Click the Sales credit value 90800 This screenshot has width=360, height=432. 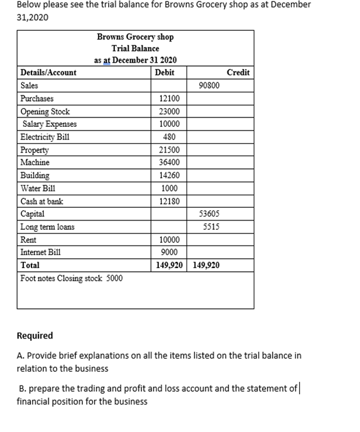click(x=209, y=85)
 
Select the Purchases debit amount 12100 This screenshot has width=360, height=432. click(x=169, y=99)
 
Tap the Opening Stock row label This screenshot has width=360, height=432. click(x=45, y=111)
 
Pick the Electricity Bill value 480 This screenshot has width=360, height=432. click(x=169, y=137)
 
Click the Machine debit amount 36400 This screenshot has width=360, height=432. click(x=169, y=163)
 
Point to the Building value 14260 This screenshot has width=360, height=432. click(x=169, y=176)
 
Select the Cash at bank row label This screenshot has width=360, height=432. click(x=41, y=202)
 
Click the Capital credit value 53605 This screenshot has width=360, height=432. click(x=209, y=214)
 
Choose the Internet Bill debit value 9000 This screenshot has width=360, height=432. click(x=169, y=252)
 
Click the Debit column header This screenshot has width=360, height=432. click(x=164, y=73)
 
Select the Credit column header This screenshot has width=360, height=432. click(x=238, y=73)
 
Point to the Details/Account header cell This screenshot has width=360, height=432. click(x=48, y=73)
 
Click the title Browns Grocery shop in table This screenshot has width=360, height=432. click(x=135, y=37)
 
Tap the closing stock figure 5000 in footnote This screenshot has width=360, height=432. click(x=114, y=278)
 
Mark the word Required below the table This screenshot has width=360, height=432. click(x=35, y=335)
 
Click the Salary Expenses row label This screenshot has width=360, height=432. click(x=50, y=124)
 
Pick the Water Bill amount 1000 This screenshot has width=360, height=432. click(x=169, y=188)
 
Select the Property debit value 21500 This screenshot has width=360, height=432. click(x=169, y=150)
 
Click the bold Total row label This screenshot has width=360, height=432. click(x=30, y=266)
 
